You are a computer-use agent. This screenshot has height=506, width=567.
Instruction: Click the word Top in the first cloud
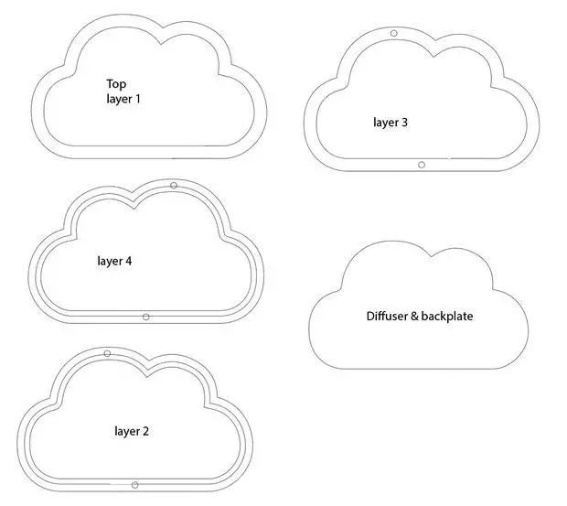point(116,83)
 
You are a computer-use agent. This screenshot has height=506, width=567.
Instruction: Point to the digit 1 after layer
point(138,98)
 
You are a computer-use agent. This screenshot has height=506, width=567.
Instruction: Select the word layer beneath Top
point(119,98)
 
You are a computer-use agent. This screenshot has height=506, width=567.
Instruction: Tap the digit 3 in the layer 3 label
point(404,121)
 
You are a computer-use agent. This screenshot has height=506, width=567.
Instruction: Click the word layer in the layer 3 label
point(385,121)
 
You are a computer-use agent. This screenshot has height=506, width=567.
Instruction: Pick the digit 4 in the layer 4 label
point(128,261)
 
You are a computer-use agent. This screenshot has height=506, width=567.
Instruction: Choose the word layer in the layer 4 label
point(109,261)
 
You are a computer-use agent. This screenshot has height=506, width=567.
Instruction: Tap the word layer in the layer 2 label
point(126,430)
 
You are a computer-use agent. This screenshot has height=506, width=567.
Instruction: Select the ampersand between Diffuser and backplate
point(414,317)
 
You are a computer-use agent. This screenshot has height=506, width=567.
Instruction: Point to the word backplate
point(447,317)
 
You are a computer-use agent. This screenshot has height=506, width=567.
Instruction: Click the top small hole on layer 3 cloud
point(394,34)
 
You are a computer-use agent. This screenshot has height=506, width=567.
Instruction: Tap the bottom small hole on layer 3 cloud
point(421,165)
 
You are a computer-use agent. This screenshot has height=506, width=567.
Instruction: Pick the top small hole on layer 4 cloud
point(174,186)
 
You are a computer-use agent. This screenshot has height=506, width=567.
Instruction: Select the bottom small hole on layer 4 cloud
point(146,317)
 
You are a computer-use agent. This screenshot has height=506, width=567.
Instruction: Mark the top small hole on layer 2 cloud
point(107,353)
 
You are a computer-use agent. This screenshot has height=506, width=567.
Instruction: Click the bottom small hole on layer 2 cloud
point(134,484)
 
